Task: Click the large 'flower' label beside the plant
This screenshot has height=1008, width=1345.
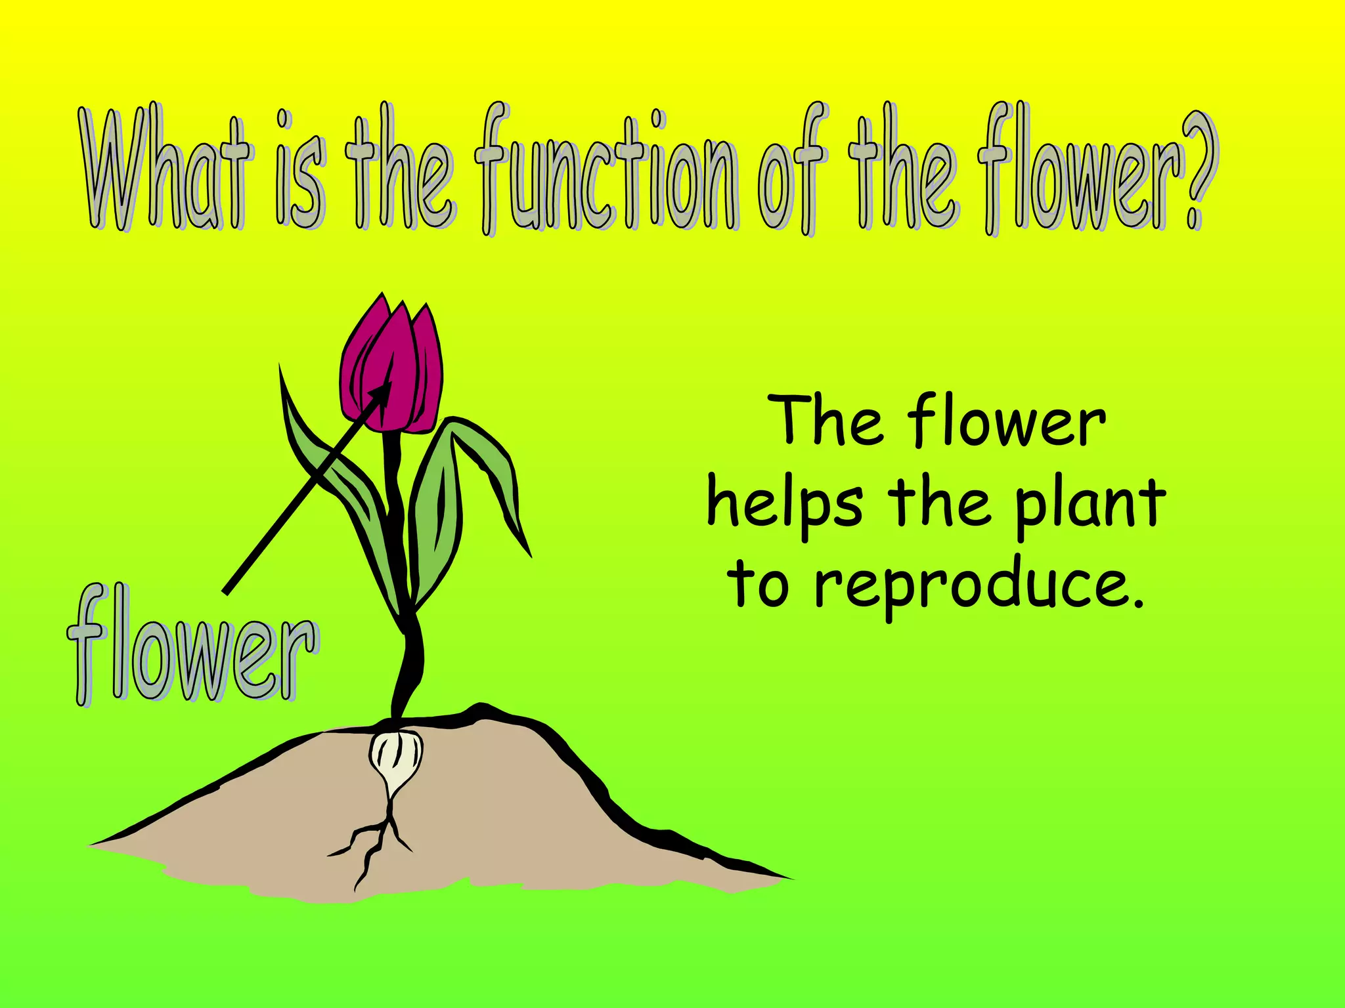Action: pos(192,646)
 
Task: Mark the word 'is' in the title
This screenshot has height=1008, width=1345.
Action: pos(299,172)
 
